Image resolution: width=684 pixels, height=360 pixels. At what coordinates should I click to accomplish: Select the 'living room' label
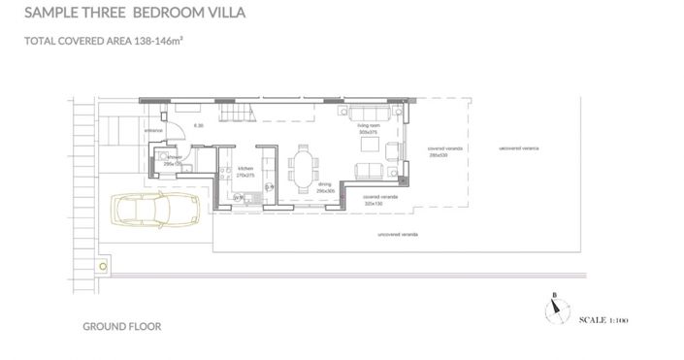(x=369, y=126)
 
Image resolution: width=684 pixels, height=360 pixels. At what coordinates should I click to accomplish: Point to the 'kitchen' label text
(x=245, y=169)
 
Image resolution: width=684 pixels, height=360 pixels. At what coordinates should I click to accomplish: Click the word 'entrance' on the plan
(x=153, y=129)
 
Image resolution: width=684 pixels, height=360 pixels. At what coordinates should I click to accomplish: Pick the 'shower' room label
(x=174, y=157)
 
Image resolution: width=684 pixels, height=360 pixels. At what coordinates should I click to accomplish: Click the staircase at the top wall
(x=239, y=112)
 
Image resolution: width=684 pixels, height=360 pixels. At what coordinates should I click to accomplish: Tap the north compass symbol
(x=554, y=308)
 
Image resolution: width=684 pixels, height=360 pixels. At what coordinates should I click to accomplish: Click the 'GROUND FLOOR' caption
(x=122, y=327)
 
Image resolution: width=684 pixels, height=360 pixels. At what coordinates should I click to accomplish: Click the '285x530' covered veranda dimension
(x=437, y=154)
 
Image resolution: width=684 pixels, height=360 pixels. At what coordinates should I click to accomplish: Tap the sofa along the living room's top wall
(x=364, y=111)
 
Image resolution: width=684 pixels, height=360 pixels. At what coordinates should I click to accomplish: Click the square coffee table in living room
(x=369, y=145)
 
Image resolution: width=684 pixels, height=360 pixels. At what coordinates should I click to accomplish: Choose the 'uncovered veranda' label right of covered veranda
(x=518, y=148)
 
